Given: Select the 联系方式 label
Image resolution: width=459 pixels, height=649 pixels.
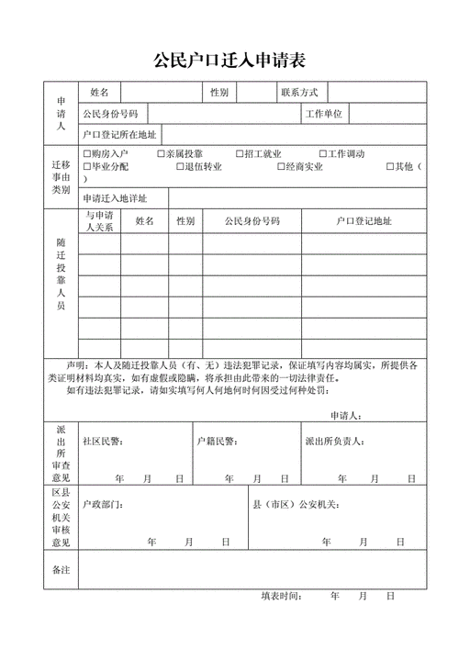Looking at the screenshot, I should (298, 93).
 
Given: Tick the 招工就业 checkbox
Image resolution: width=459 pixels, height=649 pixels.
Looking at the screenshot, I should (240, 154).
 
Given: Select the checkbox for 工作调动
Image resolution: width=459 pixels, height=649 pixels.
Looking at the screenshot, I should (322, 154).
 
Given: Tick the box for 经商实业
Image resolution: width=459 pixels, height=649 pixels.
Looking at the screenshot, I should (280, 167).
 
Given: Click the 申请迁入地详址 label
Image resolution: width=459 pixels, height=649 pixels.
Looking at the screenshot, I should (114, 198).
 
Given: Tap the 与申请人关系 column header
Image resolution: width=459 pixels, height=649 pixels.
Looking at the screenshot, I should (99, 220).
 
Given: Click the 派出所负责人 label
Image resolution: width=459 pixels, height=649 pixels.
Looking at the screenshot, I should (332, 441).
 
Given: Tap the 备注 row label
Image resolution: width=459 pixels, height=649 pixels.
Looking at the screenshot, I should (62, 570).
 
